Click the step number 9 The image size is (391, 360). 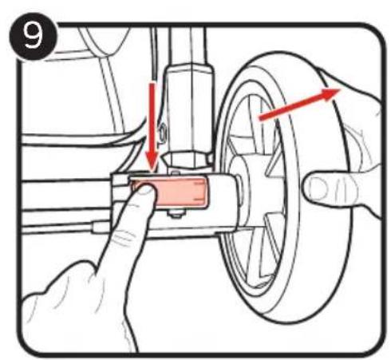pos(34,37)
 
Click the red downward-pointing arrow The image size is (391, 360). pos(152,128)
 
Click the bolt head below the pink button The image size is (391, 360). pos(176,213)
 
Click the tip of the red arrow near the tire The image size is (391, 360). pos(340,89)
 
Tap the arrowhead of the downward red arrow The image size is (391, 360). pos(152,164)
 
